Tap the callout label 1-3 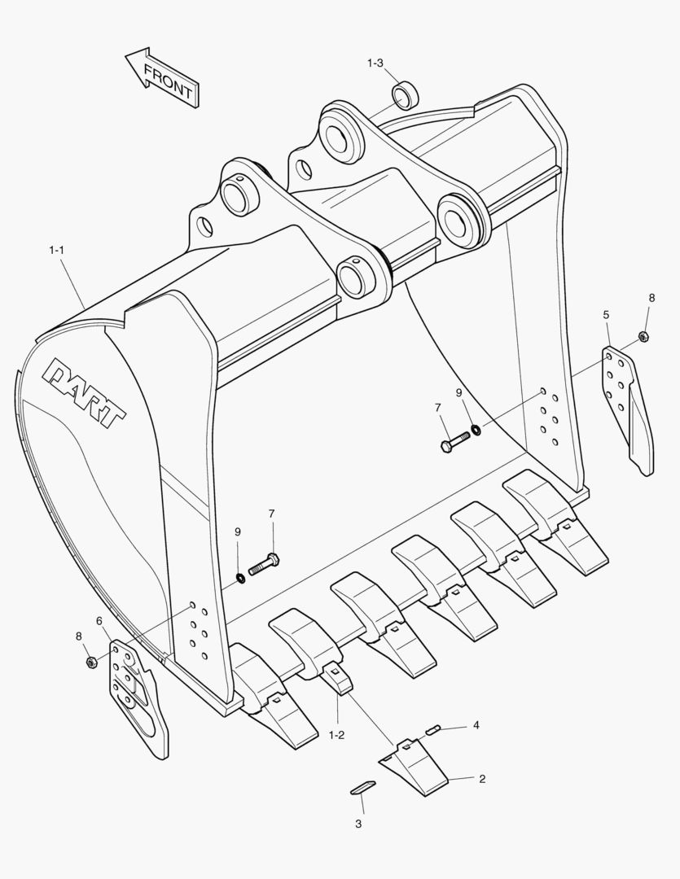coord(375,63)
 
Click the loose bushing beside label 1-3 coord(405,94)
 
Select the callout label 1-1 coord(56,250)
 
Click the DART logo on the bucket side coord(85,391)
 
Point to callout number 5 coord(606,314)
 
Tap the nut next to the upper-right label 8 coord(643,337)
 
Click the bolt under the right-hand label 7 coord(454,441)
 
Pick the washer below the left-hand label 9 coord(241,578)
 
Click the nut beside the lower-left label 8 coord(91,661)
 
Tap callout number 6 coord(99,621)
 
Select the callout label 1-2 coord(336,735)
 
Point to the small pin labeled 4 coord(432,729)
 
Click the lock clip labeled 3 coord(362,787)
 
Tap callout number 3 coord(358,824)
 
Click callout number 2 coord(482,779)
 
